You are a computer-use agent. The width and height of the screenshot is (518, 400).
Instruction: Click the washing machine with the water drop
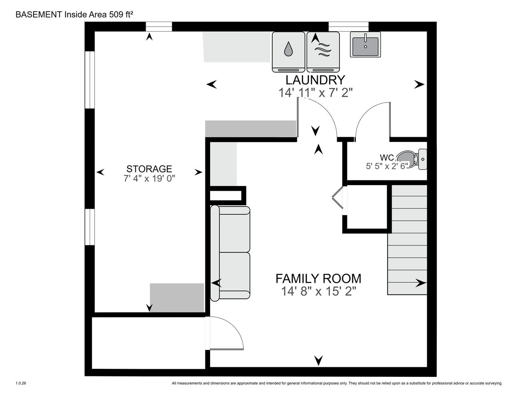pos(289,52)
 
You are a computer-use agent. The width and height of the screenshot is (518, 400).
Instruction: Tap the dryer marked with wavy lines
pos(323,52)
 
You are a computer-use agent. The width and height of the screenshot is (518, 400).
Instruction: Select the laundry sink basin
pos(365,45)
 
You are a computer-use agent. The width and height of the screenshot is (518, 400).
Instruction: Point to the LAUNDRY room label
pos(315,80)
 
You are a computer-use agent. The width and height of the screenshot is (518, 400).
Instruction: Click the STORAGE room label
pos(149,169)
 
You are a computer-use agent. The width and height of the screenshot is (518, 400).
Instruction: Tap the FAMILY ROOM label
pos(318,278)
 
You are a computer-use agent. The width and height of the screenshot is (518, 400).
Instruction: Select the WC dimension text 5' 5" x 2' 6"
pos(387,166)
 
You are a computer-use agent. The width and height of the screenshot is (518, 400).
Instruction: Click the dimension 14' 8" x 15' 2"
pos(319,291)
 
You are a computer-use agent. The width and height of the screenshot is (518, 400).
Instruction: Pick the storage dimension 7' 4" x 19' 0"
pos(149,178)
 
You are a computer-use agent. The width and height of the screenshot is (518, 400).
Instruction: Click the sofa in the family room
pos(230,253)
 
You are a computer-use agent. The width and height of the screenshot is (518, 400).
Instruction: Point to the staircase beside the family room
pos(407,240)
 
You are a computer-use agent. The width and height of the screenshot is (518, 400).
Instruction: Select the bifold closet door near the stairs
pos(338,197)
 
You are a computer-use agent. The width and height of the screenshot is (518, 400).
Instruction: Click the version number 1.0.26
pos(21,383)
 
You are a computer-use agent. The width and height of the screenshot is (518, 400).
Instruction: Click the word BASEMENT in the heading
pos(39,14)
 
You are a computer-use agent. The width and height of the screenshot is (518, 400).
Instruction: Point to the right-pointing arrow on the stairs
pos(421,283)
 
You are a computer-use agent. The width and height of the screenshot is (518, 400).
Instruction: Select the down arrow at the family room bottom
pos(319,360)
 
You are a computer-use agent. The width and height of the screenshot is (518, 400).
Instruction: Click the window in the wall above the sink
pos(349,26)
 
